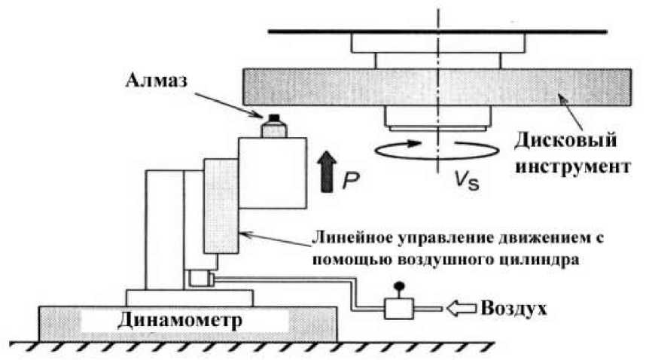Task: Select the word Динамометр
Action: point(181,319)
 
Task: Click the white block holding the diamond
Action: point(271,173)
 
